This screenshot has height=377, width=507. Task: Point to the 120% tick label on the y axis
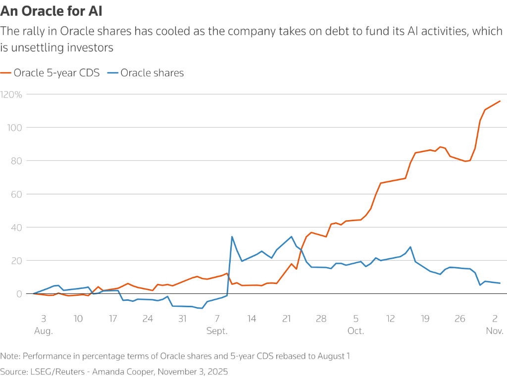pyautogui.click(x=11, y=94)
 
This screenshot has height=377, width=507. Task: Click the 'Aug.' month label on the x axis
pyautogui.click(x=44, y=331)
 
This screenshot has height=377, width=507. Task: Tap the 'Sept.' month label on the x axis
pyautogui.click(x=217, y=331)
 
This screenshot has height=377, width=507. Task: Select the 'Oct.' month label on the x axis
pyautogui.click(x=355, y=331)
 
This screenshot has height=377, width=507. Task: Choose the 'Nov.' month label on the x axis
pyautogui.click(x=495, y=331)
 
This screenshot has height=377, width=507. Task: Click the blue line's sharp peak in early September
pyautogui.click(x=232, y=236)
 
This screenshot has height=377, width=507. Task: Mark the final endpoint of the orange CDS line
pyautogui.click(x=500, y=101)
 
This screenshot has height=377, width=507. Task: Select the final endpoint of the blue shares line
pyautogui.click(x=500, y=283)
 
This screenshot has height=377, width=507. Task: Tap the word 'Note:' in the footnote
pyautogui.click(x=10, y=356)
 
